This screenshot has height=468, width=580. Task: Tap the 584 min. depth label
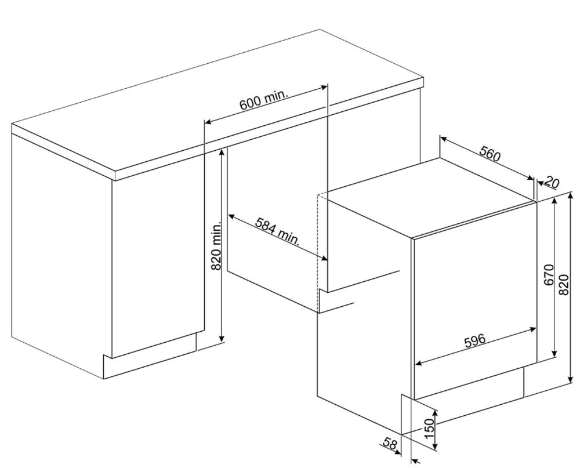pyautogui.click(x=277, y=231)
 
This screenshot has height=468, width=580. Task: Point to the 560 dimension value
pyautogui.click(x=490, y=153)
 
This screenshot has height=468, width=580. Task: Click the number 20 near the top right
pyautogui.click(x=552, y=183)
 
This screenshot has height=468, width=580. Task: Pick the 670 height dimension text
pyautogui.click(x=549, y=274)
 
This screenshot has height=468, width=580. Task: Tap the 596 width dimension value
pyautogui.click(x=474, y=340)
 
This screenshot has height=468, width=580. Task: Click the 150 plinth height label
pyautogui.click(x=429, y=429)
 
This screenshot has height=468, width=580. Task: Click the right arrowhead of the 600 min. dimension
pyautogui.click(x=324, y=88)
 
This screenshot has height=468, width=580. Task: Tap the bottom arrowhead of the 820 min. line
pyautogui.click(x=222, y=339)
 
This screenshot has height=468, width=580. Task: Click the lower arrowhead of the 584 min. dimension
pyautogui.click(x=324, y=258)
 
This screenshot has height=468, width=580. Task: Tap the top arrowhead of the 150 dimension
pyautogui.click(x=436, y=414)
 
